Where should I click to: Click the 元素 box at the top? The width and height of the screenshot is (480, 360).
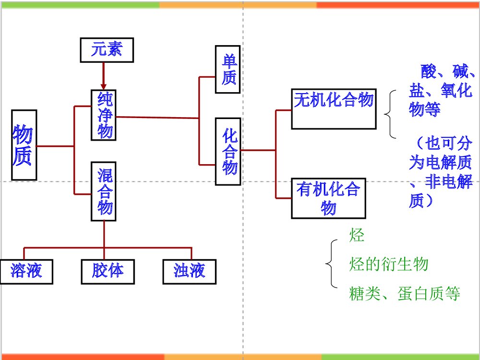click(x=106, y=50)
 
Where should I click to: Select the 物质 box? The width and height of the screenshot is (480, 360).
click(x=24, y=145)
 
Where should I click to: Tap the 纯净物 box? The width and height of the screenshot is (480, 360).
click(x=104, y=115)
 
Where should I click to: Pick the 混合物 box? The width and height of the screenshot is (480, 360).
click(x=104, y=192)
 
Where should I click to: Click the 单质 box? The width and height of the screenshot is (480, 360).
click(x=228, y=70)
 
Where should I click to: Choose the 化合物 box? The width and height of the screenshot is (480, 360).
click(x=228, y=151)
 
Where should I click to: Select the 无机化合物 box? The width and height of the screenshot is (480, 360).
click(x=333, y=108)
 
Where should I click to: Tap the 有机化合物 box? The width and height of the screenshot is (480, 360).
click(x=328, y=198)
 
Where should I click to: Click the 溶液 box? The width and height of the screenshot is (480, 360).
click(x=26, y=271)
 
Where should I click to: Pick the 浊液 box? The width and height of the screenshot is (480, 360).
click(x=189, y=271)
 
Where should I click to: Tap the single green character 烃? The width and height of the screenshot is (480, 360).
click(x=357, y=235)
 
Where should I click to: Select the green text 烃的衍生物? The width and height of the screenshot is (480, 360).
click(x=388, y=264)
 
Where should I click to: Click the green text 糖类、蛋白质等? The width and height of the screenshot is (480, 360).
click(x=405, y=293)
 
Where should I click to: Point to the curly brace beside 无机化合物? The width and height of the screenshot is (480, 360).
click(x=390, y=114)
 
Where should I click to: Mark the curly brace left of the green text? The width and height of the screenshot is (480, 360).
click(x=331, y=264)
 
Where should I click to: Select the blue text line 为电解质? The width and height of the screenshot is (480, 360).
click(x=440, y=163)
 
